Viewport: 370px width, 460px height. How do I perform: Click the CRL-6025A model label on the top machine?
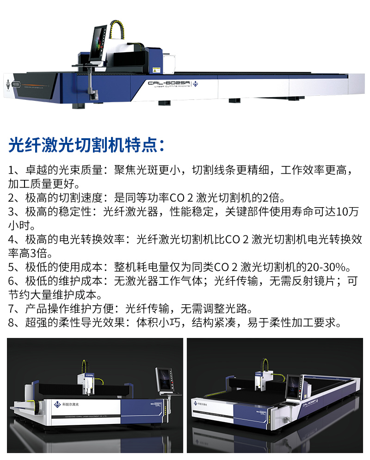[168, 83]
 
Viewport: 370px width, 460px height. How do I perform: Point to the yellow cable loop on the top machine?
[117, 29]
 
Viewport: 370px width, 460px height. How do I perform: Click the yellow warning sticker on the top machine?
[156, 70]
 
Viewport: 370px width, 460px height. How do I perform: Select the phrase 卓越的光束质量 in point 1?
[64, 170]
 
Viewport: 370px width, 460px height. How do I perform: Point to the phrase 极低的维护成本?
[64, 281]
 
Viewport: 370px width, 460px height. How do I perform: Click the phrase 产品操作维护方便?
[69, 309]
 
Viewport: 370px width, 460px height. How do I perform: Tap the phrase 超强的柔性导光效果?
[75, 323]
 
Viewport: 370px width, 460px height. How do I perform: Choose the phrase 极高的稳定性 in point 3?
[58, 212]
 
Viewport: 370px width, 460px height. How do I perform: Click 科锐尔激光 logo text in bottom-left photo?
[70, 404]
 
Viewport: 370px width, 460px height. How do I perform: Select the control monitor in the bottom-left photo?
[165, 380]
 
